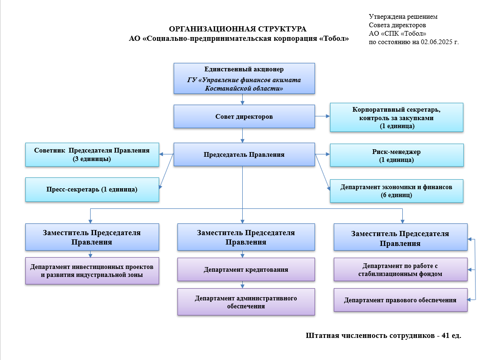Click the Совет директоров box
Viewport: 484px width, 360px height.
244,116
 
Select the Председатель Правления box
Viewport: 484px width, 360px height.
244,154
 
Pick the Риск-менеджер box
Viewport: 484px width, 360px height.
397,155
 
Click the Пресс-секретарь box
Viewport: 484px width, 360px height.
92,190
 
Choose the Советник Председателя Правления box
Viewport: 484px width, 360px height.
92,154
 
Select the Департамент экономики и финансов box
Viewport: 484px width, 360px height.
397,191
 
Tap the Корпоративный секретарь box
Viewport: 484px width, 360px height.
397,117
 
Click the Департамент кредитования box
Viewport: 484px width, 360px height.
246,270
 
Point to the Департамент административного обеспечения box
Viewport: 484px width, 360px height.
246,302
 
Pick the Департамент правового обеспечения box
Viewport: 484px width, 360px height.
400,300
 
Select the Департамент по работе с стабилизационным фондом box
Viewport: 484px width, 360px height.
400,270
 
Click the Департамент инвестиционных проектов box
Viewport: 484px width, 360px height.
92,270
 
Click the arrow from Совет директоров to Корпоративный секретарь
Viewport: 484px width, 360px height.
322,116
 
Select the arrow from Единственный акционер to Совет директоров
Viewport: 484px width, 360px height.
243,99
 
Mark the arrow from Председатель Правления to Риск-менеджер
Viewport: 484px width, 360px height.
322,154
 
